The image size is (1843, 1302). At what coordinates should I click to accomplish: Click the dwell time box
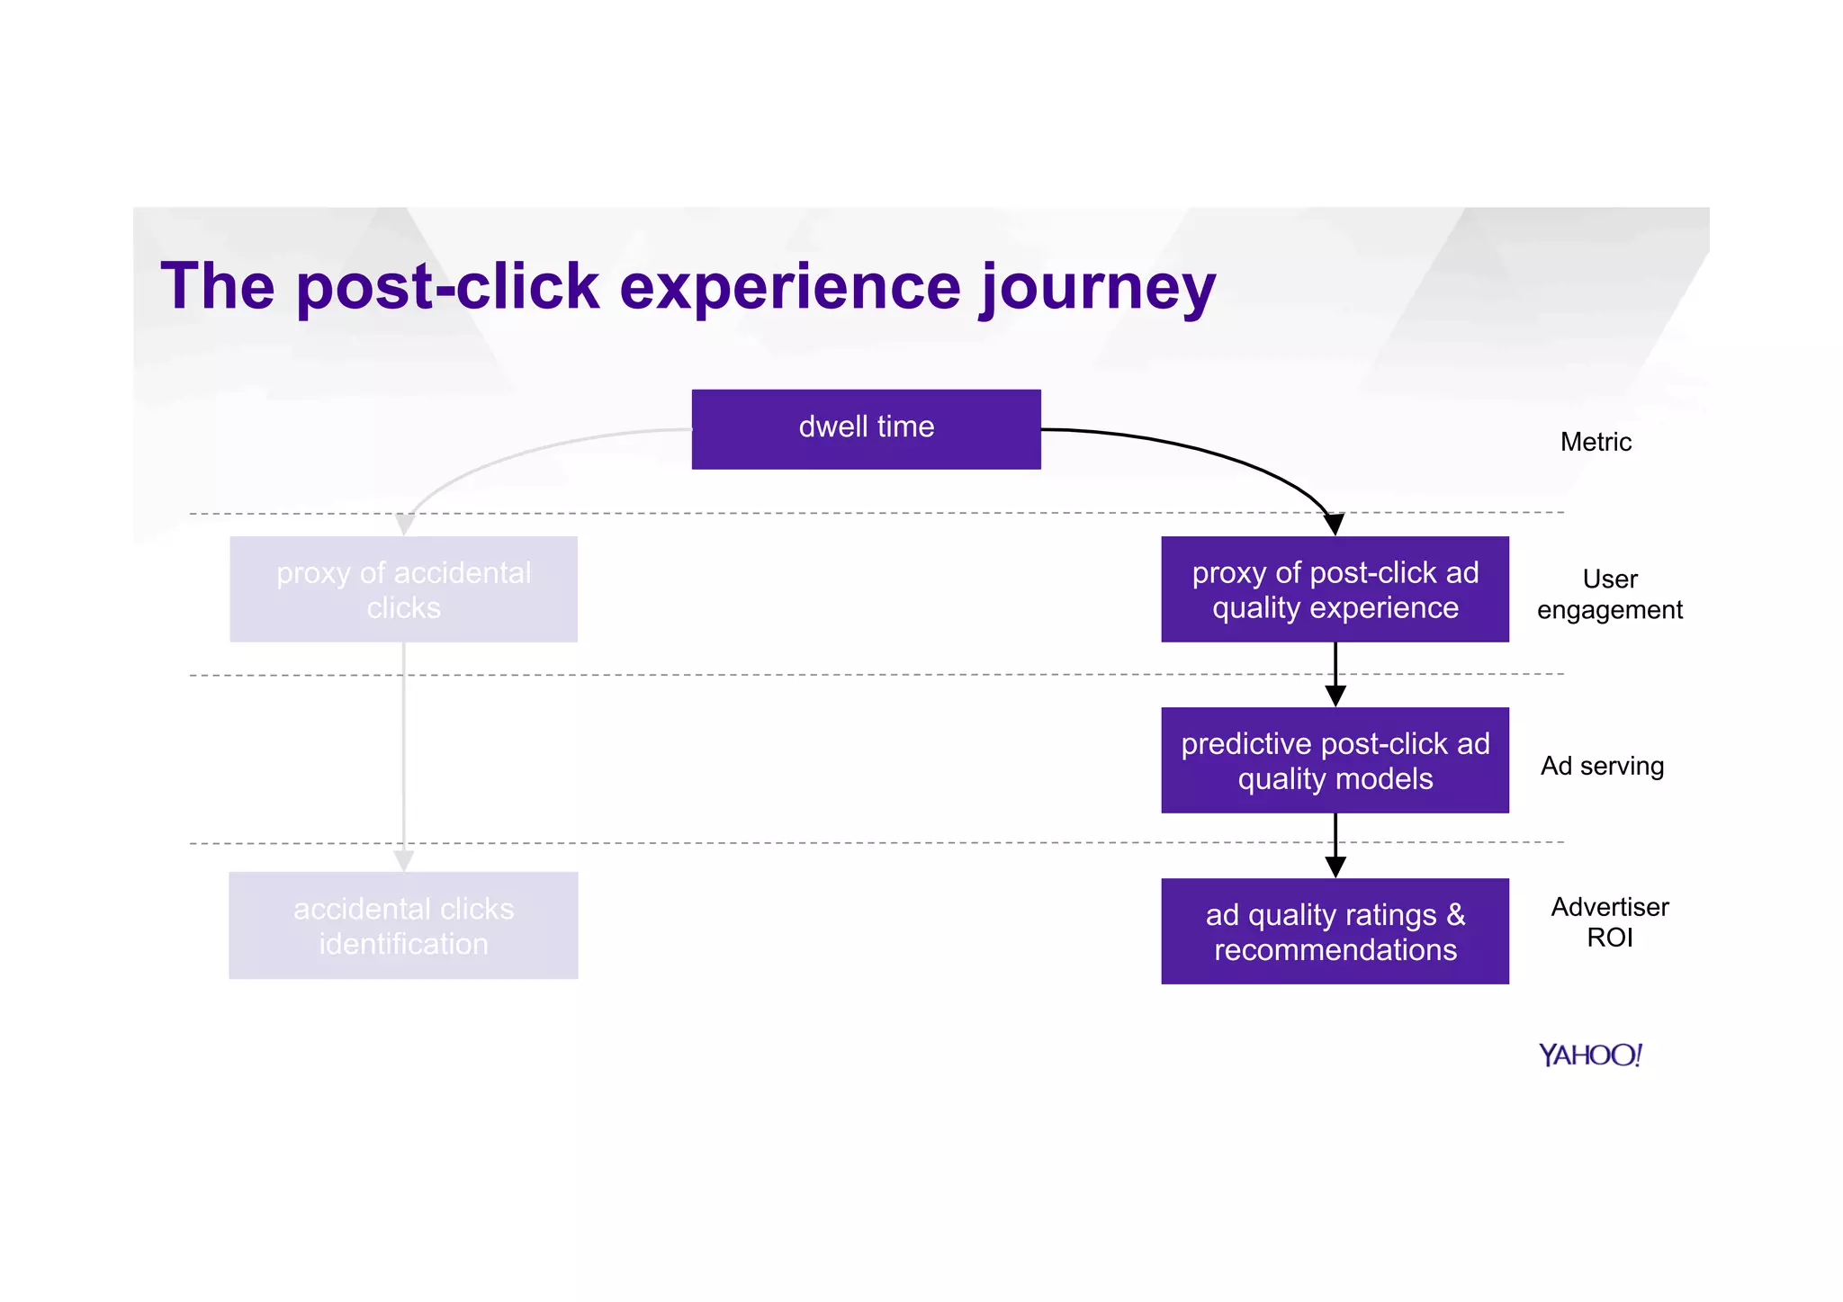pos(866,428)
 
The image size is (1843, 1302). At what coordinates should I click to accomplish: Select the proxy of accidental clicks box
pos(403,589)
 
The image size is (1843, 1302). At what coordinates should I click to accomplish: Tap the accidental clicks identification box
pos(403,925)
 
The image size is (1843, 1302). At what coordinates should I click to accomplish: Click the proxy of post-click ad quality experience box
pos(1335,589)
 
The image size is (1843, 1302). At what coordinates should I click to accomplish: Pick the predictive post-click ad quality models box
pos(1335,760)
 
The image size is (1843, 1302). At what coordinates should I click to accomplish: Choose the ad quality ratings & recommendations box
pos(1335,931)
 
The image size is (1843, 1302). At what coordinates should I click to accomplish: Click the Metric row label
pos(1596,442)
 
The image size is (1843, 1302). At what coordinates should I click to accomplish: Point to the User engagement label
pos(1609,594)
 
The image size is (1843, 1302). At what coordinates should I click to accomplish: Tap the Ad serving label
pos(1602,766)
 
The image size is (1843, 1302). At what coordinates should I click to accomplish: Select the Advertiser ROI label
pos(1609,921)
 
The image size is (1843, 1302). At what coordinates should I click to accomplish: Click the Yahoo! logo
pos(1590,1055)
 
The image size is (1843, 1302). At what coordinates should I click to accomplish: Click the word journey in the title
pos(1098,288)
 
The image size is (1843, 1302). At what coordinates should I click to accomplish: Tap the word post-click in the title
pos(447,288)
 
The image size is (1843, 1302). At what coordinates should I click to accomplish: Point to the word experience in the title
pos(790,288)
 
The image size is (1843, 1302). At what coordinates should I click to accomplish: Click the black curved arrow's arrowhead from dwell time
pos(1334,524)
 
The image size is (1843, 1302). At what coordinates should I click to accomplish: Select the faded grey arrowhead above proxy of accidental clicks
pos(405,524)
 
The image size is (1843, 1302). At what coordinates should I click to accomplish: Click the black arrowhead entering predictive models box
pos(1335,696)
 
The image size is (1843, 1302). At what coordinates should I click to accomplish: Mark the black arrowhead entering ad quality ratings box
pos(1335,867)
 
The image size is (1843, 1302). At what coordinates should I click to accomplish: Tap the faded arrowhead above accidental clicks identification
pos(404,861)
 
